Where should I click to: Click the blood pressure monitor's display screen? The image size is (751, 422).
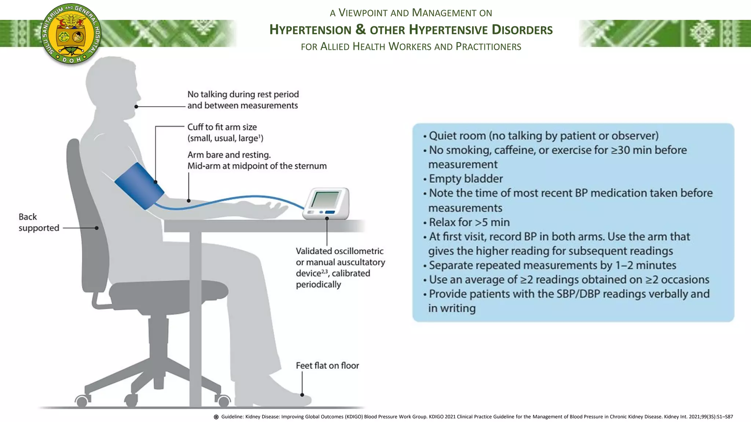pos(325,199)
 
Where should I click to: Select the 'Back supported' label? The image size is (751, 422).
pos(39,222)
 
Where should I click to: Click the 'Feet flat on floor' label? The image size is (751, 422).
pos(327,366)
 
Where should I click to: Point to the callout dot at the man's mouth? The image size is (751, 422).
pos(136,107)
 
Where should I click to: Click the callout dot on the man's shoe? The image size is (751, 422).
pos(302,395)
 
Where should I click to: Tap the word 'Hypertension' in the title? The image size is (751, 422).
pos(310,30)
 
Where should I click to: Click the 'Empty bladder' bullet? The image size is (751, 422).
pos(466,179)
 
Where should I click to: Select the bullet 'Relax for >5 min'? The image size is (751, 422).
pos(469,222)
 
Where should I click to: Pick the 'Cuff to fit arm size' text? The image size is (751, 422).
pos(222,127)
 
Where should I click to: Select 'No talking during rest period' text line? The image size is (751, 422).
pos(243,95)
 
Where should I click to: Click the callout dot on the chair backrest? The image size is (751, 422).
pos(96,228)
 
